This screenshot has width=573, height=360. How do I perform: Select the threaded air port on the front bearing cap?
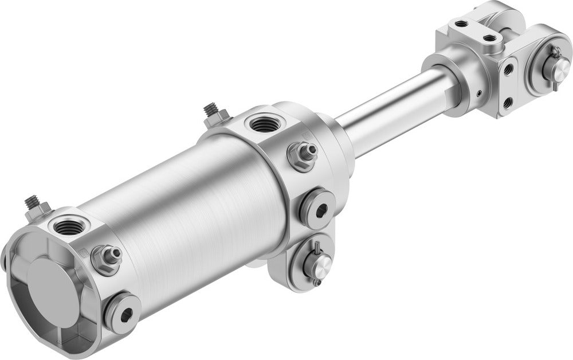coord(264,123)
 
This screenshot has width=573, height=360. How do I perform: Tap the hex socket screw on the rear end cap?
coord(123,312)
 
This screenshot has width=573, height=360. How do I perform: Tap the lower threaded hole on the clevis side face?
coord(508,102)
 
